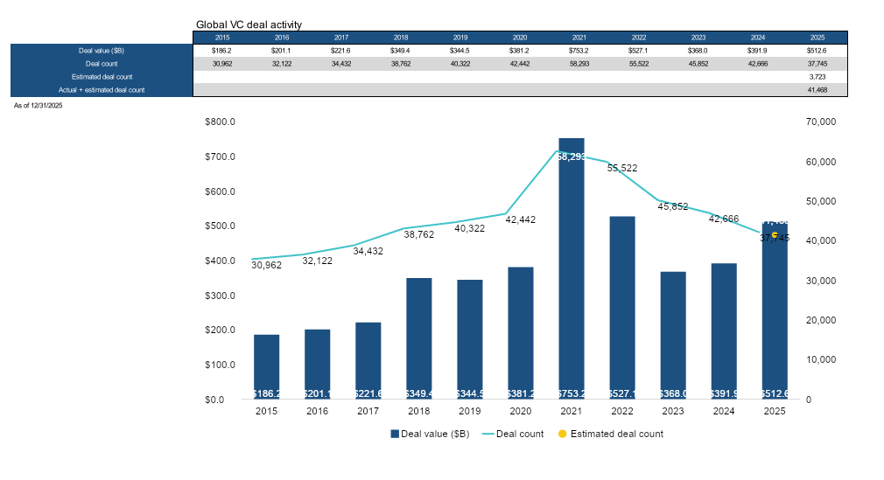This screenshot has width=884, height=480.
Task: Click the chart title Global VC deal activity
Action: pyautogui.click(x=249, y=24)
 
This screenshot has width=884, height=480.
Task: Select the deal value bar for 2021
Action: pyautogui.click(x=571, y=262)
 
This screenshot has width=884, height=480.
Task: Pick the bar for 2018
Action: pyautogui.click(x=418, y=337)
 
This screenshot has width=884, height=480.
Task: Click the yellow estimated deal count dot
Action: pyautogui.click(x=774, y=234)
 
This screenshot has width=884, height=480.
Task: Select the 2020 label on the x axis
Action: pyautogui.click(x=520, y=411)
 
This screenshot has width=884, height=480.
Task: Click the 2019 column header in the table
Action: pyautogui.click(x=460, y=38)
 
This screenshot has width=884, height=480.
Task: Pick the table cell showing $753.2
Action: pyautogui.click(x=579, y=51)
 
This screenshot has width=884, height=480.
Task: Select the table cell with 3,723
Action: pyautogui.click(x=817, y=77)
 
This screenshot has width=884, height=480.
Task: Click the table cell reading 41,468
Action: pyautogui.click(x=817, y=90)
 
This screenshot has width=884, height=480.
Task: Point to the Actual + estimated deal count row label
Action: pyautogui.click(x=102, y=90)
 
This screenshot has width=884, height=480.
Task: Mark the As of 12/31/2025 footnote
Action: pyautogui.click(x=38, y=105)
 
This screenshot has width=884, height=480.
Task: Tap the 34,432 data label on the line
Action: pyautogui.click(x=368, y=251)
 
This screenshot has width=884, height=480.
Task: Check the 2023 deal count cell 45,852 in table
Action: pyautogui.click(x=698, y=64)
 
